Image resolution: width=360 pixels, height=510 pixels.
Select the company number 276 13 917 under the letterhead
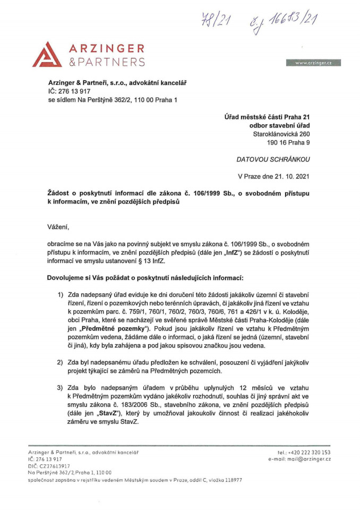(x=76, y=91)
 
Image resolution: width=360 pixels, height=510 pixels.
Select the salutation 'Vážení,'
(x=58, y=227)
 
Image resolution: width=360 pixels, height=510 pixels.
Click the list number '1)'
(x=61, y=295)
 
